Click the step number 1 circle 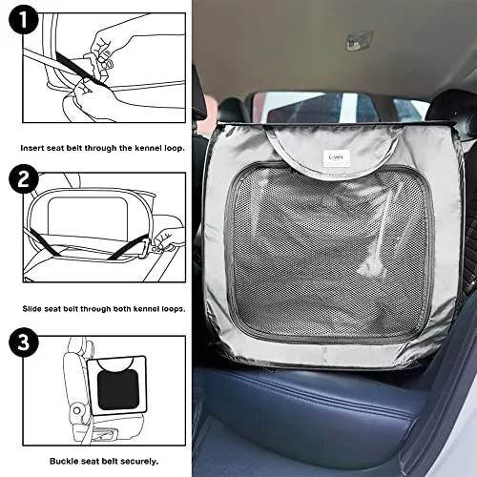pos(24,19)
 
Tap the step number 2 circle pos(24,179)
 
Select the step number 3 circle pos(24,342)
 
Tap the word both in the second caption pos(122,309)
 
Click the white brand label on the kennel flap pos(334,158)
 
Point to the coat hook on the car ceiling pos(359,40)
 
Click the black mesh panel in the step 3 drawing pos(118,390)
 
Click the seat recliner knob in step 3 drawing pos(76,410)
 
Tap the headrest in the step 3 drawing pos(78,346)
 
